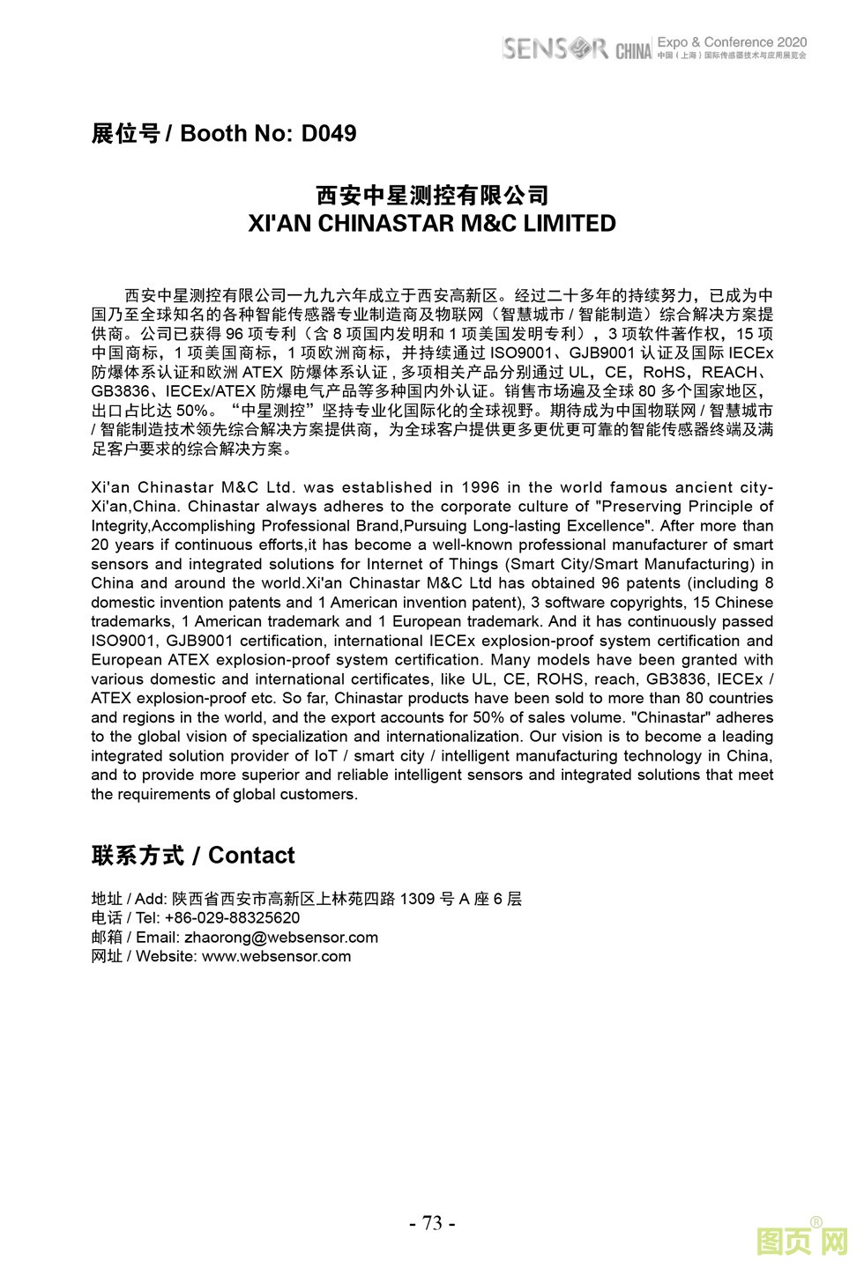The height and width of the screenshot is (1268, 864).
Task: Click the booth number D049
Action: pos(328,134)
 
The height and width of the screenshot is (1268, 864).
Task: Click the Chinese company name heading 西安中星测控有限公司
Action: pos(432,195)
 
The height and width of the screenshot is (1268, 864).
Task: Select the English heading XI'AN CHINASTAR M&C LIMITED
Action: pos(432,224)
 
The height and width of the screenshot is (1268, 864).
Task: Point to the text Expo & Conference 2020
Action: pos(732,42)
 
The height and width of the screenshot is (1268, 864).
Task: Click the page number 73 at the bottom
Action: pos(432,1223)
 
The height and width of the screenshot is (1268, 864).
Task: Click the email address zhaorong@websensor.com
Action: pos(281,938)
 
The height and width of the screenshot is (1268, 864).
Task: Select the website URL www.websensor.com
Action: pos(277,957)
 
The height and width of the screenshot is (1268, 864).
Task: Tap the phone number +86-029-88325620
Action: pos(232,918)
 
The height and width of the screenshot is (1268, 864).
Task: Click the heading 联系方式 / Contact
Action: pos(193,856)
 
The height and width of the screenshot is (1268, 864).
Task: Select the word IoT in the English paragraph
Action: pos(325,756)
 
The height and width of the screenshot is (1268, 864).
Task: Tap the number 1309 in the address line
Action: pos(417,899)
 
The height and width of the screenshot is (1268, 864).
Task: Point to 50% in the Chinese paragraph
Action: pos(192,412)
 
